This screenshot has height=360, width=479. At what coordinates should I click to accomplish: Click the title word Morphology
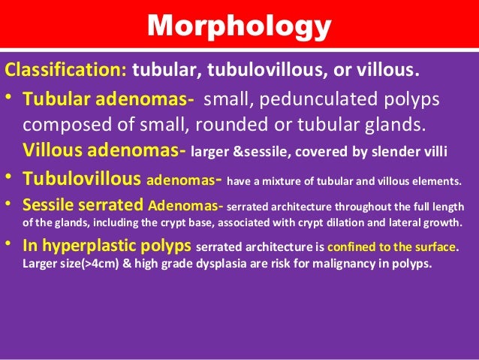click(x=239, y=26)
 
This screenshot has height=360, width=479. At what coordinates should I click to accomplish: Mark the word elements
click(x=437, y=181)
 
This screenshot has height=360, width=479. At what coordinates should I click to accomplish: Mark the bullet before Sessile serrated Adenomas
click(x=11, y=205)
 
